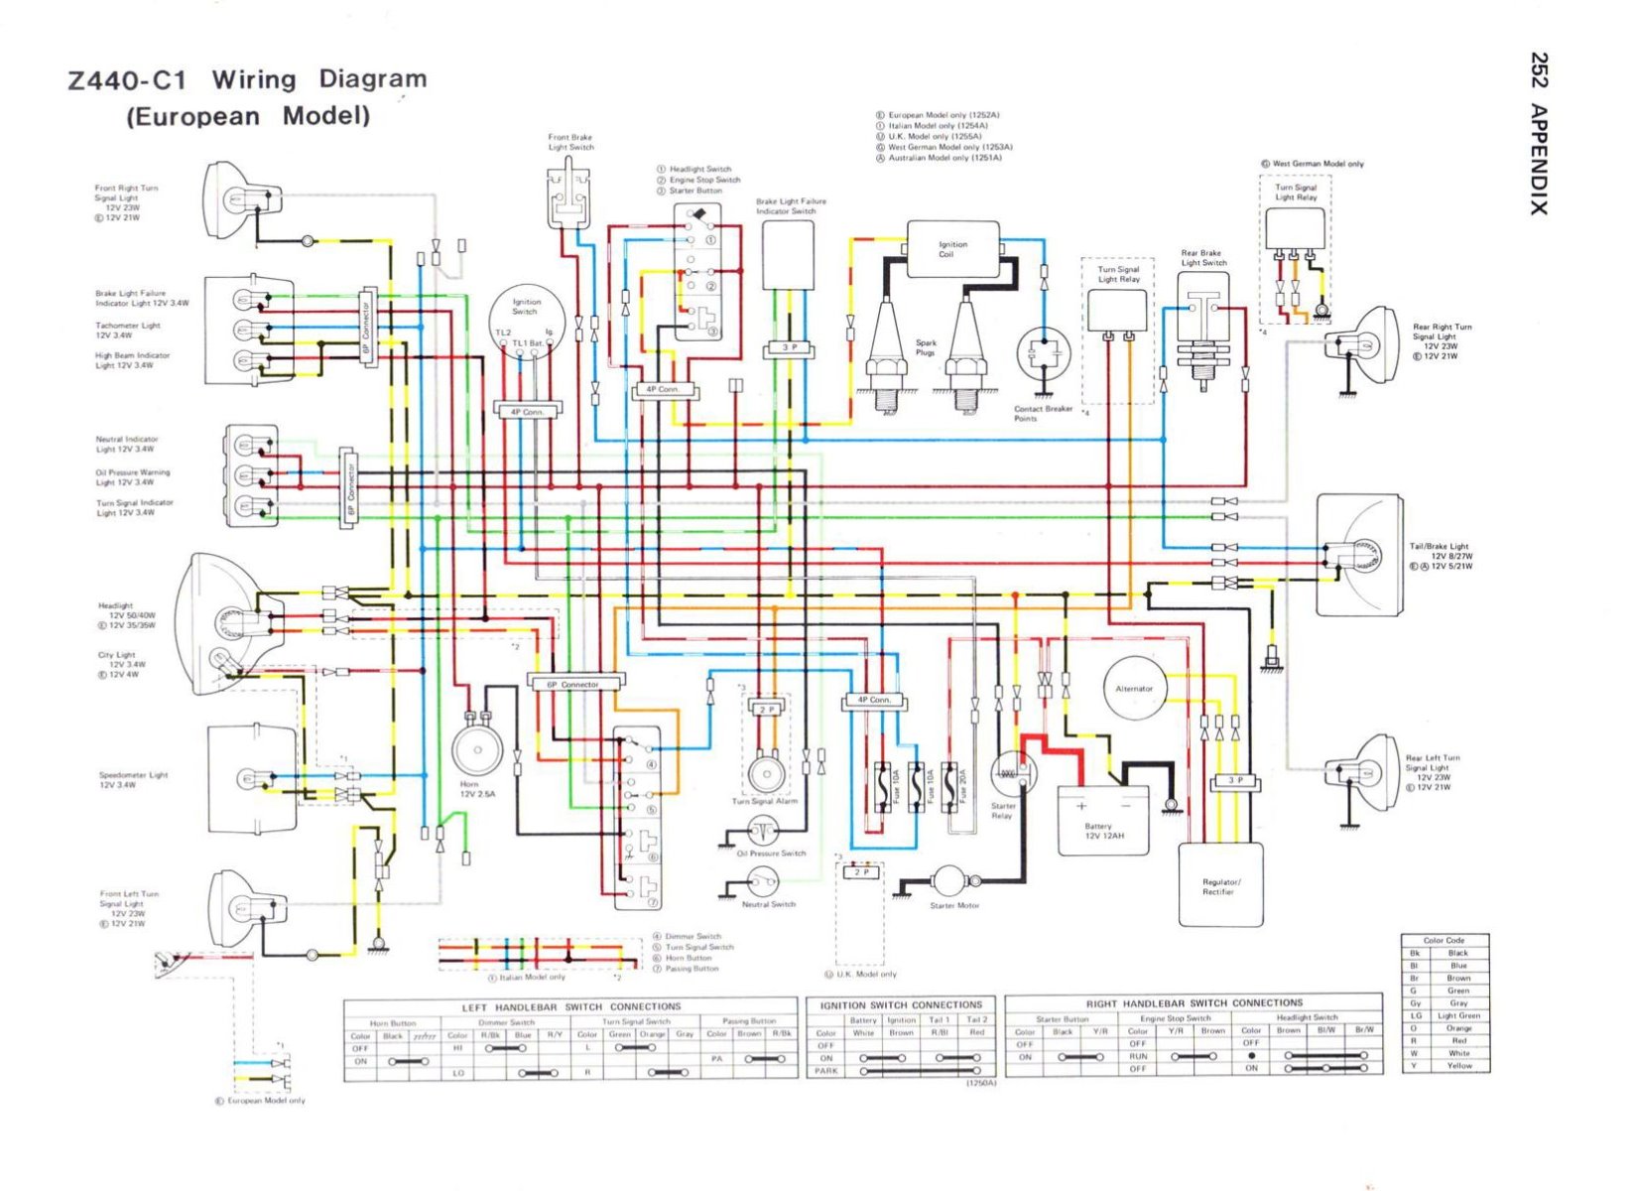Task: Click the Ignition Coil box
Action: point(952,249)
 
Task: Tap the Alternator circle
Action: point(1134,688)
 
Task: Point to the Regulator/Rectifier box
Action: point(1220,883)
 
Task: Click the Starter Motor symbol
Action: point(949,880)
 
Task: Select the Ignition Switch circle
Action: point(526,320)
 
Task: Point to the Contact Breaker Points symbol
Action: point(1044,353)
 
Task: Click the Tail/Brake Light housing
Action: point(1359,554)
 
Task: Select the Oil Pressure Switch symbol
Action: point(763,830)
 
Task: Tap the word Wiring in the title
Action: point(254,79)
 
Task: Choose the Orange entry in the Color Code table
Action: point(1458,1028)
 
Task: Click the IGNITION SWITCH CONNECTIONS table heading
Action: point(901,1004)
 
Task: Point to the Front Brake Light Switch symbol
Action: point(568,198)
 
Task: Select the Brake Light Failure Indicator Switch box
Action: point(788,256)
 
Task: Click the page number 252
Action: point(1538,70)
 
